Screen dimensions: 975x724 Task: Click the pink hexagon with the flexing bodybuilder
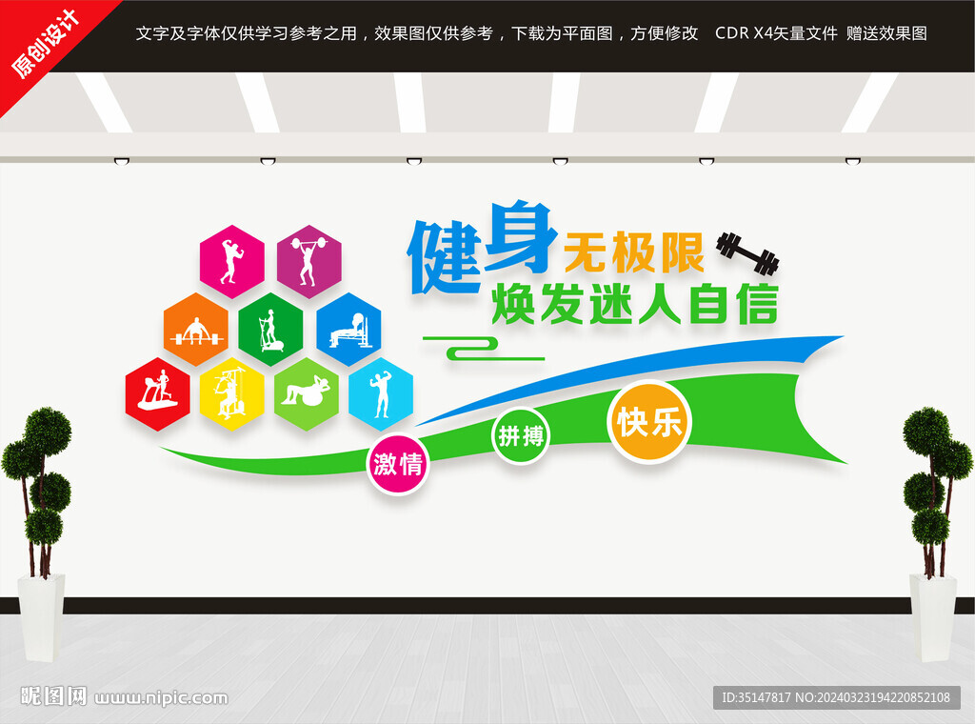pos(232,261)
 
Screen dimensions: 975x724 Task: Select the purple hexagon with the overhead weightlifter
pos(309,261)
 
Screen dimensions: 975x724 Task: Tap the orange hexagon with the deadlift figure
pos(196,329)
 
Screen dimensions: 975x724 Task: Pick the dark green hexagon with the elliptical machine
pos(271,329)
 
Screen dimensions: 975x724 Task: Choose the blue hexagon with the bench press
pos(348,329)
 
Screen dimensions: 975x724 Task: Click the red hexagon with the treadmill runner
pos(157,393)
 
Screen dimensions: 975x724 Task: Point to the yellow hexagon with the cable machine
pos(232,393)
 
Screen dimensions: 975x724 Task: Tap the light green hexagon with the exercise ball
pos(307,393)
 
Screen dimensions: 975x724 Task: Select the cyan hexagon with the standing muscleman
pos(381,393)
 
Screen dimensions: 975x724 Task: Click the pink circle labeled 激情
pos(398,463)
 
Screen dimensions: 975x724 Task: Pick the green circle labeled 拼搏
pos(521,436)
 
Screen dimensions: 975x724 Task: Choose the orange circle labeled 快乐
pos(649,422)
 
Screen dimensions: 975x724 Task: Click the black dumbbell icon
pos(748,253)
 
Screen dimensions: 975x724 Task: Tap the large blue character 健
pos(445,257)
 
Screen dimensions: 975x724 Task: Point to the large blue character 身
pos(520,237)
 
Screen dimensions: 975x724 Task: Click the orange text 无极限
pos(633,253)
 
